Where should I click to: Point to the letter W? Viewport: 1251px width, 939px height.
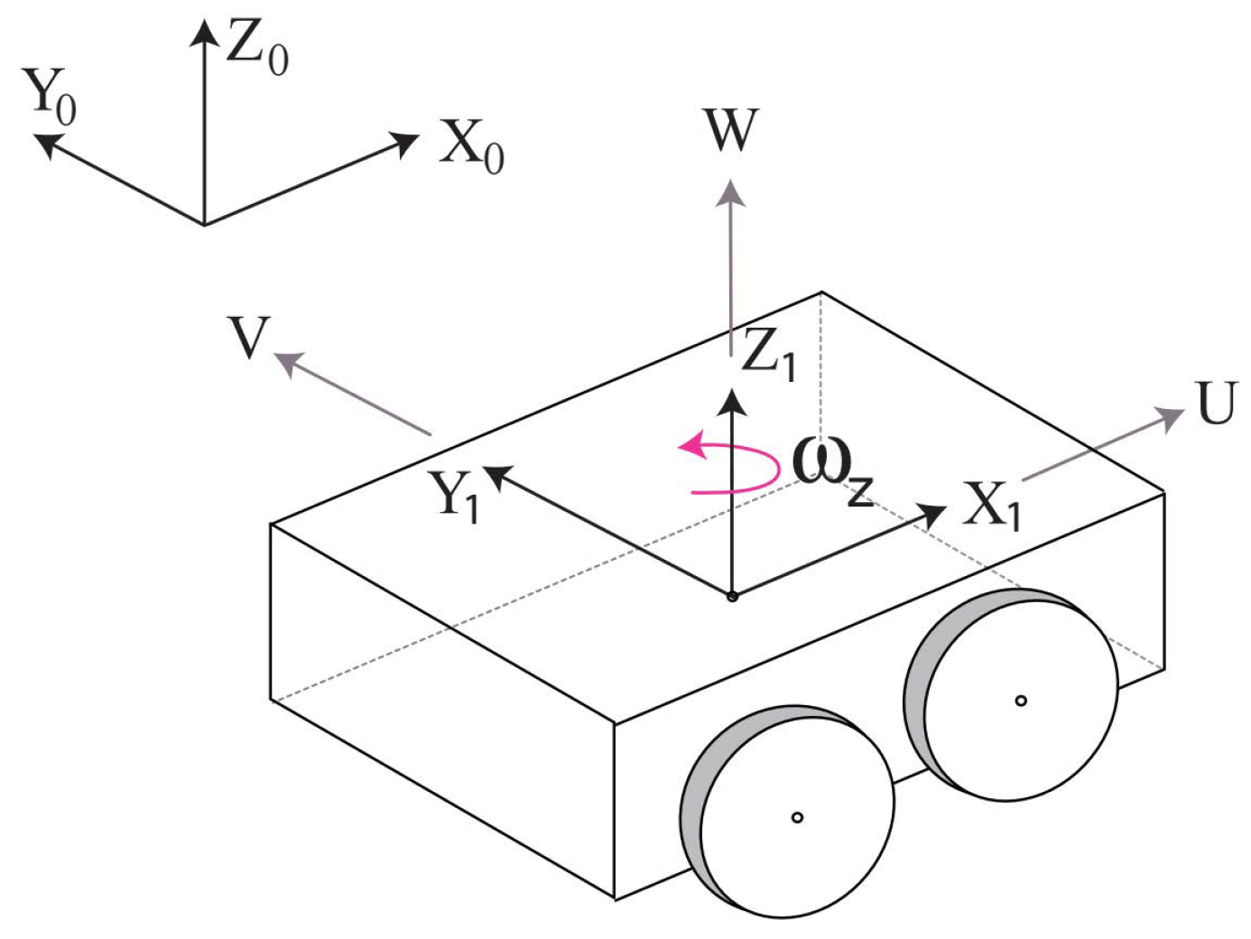(x=730, y=131)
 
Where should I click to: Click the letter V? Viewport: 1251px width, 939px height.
(x=249, y=339)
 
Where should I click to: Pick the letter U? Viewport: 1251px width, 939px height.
(x=1216, y=404)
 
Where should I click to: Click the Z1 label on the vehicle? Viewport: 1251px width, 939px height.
(x=768, y=354)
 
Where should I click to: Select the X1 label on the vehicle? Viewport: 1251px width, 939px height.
(x=991, y=506)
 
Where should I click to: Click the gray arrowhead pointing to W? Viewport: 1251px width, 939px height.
(x=730, y=192)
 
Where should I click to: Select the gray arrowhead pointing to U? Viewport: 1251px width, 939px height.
(x=1171, y=417)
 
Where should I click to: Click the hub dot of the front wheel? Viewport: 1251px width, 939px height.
(x=797, y=817)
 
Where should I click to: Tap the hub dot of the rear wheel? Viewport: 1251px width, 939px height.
(x=1021, y=701)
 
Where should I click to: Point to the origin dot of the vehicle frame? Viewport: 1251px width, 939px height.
(x=732, y=596)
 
